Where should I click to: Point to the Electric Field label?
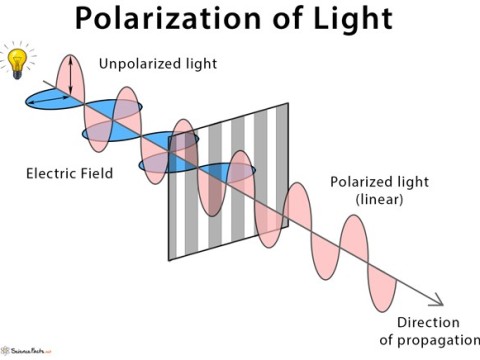coord(69,173)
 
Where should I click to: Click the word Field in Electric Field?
coord(95,173)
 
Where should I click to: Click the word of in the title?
coord(290,19)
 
